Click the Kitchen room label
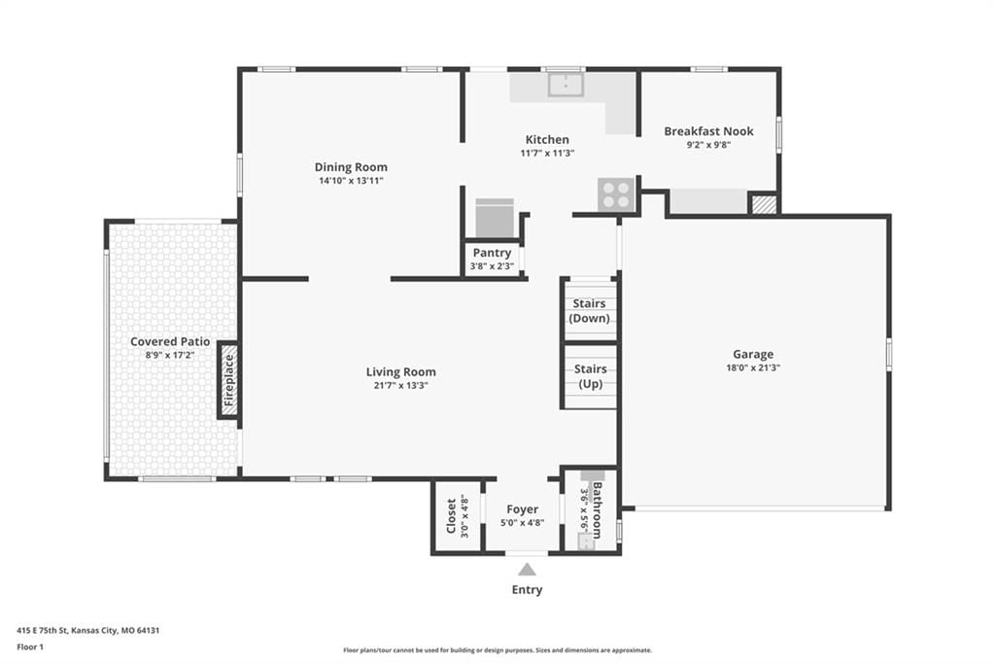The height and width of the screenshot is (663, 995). (x=547, y=140)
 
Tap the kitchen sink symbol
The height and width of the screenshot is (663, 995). (x=566, y=86)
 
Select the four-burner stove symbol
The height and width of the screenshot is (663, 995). (x=615, y=193)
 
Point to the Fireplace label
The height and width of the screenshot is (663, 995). (x=229, y=380)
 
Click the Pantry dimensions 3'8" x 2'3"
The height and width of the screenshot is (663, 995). (x=492, y=266)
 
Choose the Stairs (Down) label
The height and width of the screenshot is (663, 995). (x=590, y=311)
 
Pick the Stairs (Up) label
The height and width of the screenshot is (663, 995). (x=590, y=376)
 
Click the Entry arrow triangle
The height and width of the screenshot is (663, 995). (x=526, y=569)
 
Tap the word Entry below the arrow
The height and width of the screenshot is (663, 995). (x=527, y=590)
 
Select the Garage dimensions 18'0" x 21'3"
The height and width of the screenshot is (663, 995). (x=753, y=367)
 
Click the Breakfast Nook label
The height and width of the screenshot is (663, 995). (x=708, y=131)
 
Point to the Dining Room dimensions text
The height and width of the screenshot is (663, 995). (x=351, y=181)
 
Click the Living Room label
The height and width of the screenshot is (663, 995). (x=401, y=372)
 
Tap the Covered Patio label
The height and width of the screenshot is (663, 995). (x=170, y=341)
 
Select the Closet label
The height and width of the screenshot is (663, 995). (x=451, y=516)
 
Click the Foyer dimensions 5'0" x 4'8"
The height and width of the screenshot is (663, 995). (x=522, y=523)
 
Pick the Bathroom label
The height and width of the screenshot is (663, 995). (x=598, y=510)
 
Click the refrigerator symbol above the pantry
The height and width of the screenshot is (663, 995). (x=495, y=218)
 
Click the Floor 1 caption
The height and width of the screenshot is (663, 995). (x=30, y=647)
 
